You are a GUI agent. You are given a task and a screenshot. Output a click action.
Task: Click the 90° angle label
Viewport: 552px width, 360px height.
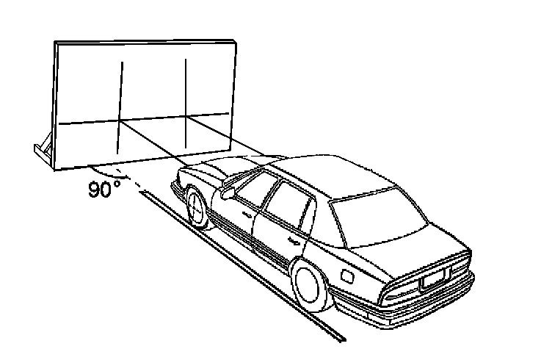[104, 190]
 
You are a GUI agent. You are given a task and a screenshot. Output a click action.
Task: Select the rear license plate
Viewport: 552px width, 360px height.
[433, 278]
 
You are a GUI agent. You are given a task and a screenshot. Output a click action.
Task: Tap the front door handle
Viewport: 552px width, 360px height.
[246, 214]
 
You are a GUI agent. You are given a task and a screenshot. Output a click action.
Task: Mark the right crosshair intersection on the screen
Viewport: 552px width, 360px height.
[186, 117]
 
